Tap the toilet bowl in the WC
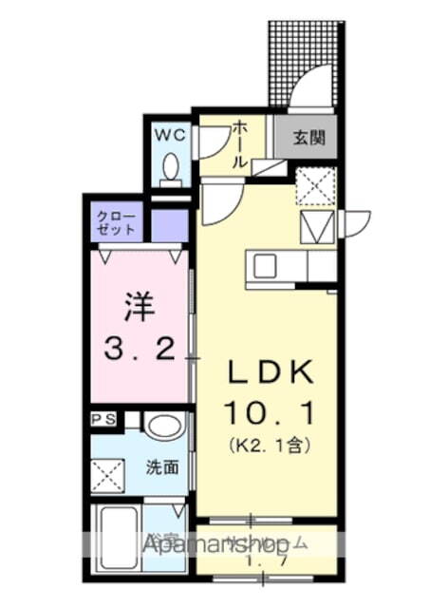click(172, 168)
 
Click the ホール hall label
click(240, 142)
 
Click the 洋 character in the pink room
click(139, 308)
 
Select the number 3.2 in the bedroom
click(140, 351)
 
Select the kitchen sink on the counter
click(263, 266)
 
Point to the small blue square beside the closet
click(169, 224)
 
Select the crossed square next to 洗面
click(107, 472)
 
